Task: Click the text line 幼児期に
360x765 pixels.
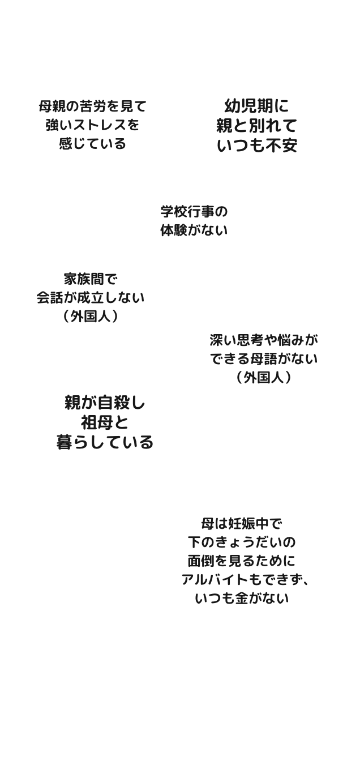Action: pyautogui.click(x=256, y=105)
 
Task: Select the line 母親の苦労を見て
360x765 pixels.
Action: pyautogui.click(x=92, y=105)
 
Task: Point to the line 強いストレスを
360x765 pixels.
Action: pyautogui.click(x=92, y=125)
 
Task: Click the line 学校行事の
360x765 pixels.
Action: pyautogui.click(x=194, y=212)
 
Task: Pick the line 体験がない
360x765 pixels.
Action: pyautogui.click(x=194, y=230)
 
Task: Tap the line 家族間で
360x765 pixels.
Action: pyautogui.click(x=91, y=279)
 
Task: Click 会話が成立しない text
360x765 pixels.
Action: pyautogui.click(x=91, y=298)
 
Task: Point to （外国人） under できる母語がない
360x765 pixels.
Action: pyautogui.click(x=264, y=377)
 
